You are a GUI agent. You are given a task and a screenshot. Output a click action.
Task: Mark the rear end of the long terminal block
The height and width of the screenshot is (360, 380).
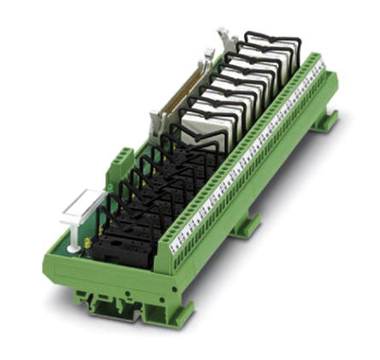[x=321, y=68]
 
